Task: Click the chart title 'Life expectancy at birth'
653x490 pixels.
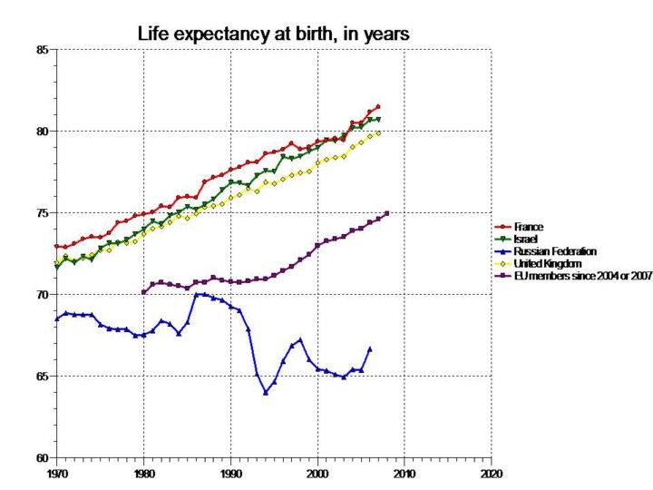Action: click(273, 34)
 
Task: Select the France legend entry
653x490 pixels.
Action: click(526, 226)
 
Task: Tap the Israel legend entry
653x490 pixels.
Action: click(524, 238)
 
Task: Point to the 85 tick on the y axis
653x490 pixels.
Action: click(43, 50)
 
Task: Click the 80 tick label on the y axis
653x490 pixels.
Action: click(43, 132)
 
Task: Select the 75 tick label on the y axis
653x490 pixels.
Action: click(43, 213)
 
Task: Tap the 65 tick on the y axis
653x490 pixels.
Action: click(43, 376)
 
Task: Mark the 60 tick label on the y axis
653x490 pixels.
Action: click(43, 457)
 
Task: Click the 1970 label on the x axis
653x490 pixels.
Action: click(56, 474)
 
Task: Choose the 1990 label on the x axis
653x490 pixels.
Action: click(230, 474)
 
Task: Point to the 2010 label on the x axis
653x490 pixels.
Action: click(404, 474)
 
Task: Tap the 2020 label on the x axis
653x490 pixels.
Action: click(491, 474)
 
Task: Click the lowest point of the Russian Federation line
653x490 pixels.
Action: click(266, 392)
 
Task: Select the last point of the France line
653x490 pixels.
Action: click(378, 106)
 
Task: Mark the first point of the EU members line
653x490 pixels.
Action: click(143, 292)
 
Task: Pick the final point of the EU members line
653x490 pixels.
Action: click(387, 213)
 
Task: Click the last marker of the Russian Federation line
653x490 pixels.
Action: click(370, 348)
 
